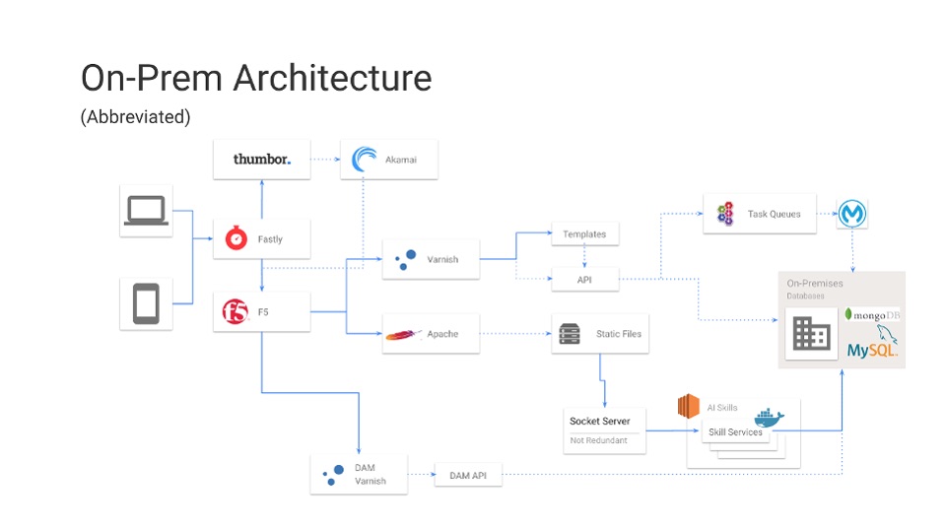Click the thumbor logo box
262,160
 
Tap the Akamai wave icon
365,160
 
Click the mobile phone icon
146,303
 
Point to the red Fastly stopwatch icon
236,238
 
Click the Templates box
585,234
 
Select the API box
585,280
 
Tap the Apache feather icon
403,334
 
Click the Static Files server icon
570,334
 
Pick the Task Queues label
775,213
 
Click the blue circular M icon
852,213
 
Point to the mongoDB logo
872,314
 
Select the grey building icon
811,334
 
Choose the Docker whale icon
768,418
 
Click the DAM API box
468,476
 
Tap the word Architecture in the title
332,78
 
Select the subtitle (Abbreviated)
135,116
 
